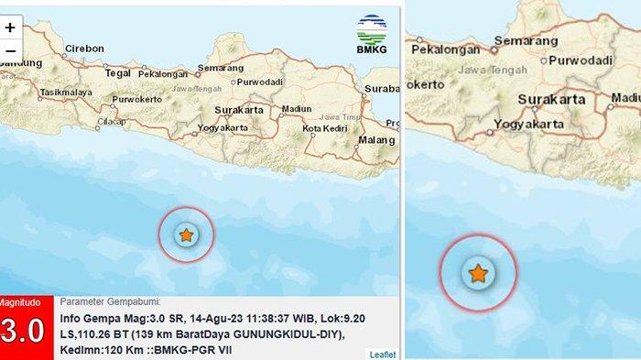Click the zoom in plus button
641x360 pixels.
10,27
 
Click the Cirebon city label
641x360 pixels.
83,49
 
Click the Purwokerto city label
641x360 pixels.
136,100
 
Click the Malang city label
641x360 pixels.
375,139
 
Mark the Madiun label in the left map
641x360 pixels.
296,107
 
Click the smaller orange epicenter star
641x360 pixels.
186,235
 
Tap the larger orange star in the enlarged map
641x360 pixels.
478,273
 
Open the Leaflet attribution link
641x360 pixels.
382,354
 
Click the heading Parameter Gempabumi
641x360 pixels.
110,301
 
